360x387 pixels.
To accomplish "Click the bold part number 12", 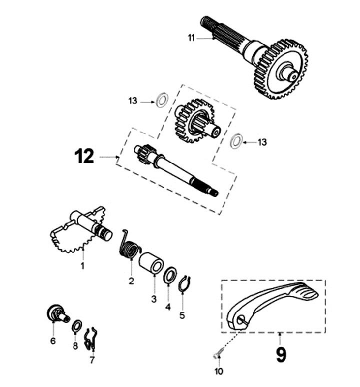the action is coord(84,156).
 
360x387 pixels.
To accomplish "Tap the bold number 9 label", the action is coord(281,355).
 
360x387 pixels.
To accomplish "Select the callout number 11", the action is coord(191,38).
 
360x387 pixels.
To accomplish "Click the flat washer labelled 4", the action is coord(170,275).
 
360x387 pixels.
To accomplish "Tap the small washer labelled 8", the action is coord(77,326).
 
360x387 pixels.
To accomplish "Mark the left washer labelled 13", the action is coord(162,100).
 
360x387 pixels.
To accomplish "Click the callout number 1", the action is coord(82,266).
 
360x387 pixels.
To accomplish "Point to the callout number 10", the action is coord(219,371).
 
